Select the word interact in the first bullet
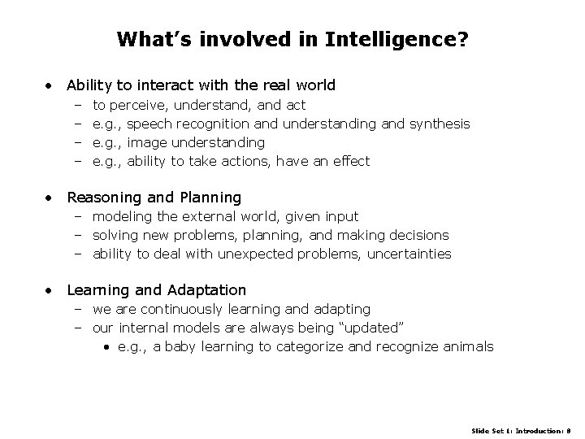175,85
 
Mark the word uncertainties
409,254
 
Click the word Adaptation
206,289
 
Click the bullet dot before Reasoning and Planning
51,198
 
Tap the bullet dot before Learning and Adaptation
51,290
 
